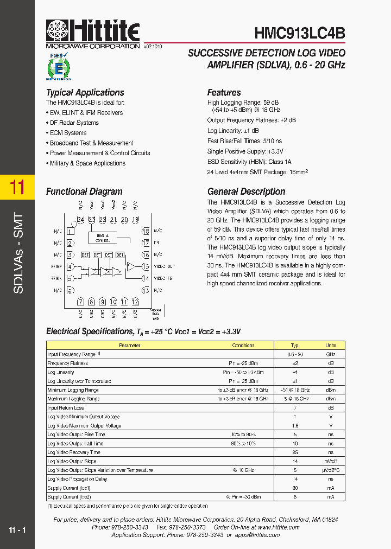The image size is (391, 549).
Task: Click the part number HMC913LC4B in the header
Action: (x=300, y=33)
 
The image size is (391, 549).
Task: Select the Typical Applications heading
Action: (x=85, y=93)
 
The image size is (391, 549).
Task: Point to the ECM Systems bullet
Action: (x=68, y=133)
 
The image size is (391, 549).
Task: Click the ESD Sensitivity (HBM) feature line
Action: (x=249, y=162)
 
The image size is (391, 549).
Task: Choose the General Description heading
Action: (x=246, y=191)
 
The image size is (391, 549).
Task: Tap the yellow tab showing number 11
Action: (x=17, y=188)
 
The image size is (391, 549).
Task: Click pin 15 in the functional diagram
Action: (x=145, y=266)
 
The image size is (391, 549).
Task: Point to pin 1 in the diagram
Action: (x=71, y=231)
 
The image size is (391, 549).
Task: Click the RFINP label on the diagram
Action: (x=56, y=266)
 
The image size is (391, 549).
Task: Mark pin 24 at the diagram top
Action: (x=80, y=220)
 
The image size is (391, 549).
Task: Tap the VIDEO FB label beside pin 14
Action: (x=163, y=278)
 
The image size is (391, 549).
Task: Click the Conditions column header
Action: (x=243, y=346)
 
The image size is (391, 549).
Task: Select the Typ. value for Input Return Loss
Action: (x=295, y=408)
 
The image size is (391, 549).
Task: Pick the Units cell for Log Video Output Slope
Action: (x=330, y=461)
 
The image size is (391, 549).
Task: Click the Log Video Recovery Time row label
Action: (x=74, y=452)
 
